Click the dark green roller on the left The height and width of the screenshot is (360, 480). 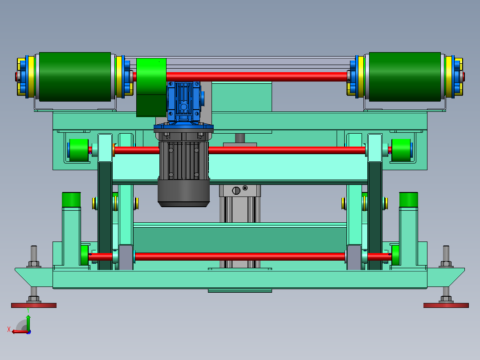pos(75,77)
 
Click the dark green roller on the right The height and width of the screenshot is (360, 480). pos(405,77)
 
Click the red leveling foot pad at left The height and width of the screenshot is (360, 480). pos(34,305)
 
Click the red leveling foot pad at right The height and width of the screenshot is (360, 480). pos(446,305)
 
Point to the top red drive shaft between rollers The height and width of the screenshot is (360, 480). pos(256,77)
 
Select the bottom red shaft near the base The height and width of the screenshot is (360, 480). pos(240,257)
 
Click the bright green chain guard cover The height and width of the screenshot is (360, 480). pos(151,87)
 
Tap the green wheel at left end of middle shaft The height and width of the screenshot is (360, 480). pos(79,150)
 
